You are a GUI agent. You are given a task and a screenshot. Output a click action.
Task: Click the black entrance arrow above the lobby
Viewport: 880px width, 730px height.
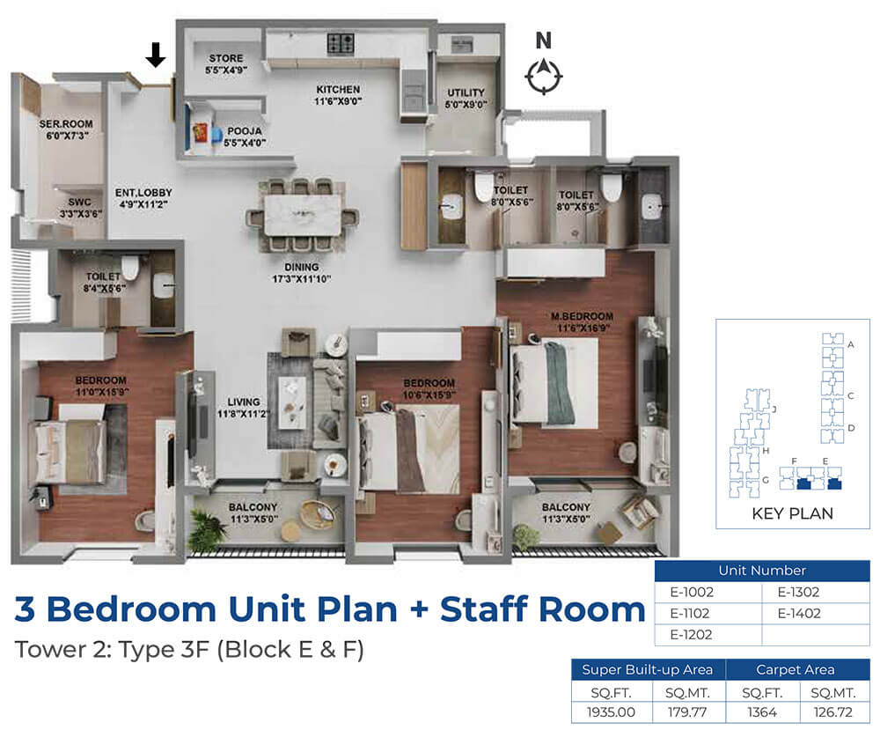tap(156, 55)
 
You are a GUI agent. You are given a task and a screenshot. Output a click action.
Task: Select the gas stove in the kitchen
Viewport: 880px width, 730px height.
tap(341, 43)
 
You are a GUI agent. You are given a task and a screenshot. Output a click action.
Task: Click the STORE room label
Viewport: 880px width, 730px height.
tap(226, 64)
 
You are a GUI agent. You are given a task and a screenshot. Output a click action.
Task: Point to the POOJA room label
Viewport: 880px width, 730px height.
tap(244, 137)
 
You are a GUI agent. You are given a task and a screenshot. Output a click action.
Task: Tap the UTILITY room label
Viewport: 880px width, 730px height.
tap(466, 99)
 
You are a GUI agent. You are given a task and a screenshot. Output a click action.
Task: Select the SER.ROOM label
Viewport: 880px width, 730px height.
tap(66, 129)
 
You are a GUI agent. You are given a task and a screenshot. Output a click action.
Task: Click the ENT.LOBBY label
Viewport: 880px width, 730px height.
tap(143, 199)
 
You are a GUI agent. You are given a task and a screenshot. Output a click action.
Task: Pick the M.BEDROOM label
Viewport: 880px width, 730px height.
tap(582, 322)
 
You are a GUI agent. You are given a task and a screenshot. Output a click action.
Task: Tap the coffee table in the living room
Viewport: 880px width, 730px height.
tap(293, 403)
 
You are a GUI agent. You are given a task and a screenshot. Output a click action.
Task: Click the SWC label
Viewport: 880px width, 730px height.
tap(80, 208)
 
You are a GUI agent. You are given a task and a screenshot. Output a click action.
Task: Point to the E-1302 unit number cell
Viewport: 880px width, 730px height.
tap(798, 592)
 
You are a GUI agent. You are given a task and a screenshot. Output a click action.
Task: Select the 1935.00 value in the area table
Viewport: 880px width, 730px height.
tap(611, 712)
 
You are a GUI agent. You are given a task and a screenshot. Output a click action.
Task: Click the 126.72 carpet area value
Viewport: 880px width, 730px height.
tap(832, 712)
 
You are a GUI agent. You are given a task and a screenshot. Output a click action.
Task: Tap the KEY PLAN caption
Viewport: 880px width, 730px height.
tap(793, 513)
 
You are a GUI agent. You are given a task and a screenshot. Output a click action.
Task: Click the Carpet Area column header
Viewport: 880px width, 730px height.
tap(796, 669)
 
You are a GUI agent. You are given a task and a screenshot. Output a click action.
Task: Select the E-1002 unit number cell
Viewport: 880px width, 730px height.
tap(692, 592)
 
